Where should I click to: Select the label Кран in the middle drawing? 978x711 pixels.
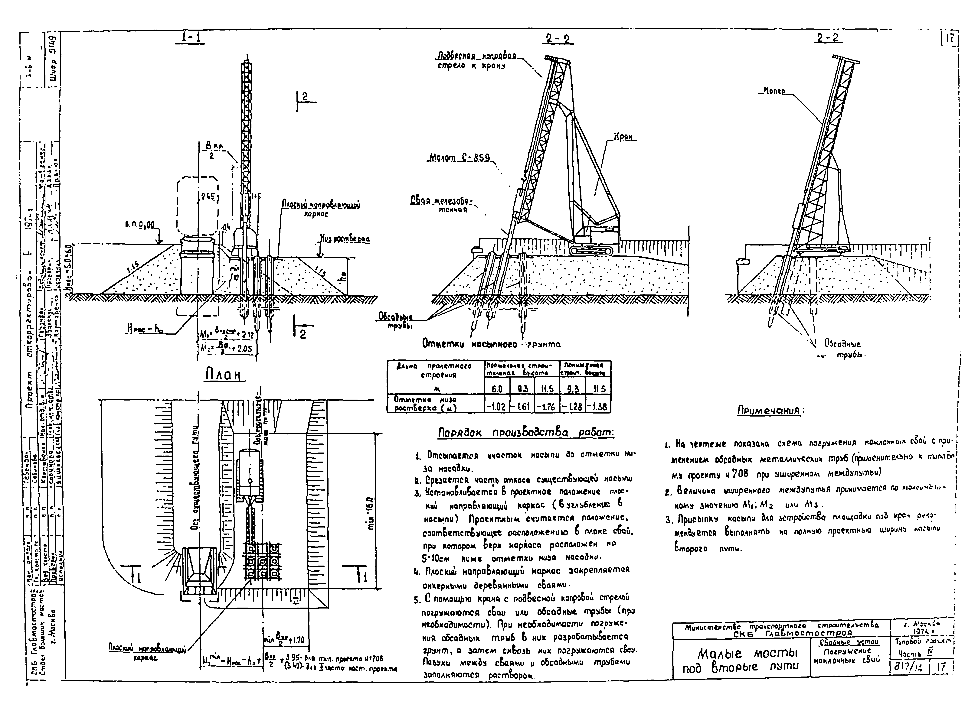point(625,137)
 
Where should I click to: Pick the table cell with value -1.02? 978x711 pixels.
point(497,406)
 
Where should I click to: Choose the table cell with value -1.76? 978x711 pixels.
point(547,406)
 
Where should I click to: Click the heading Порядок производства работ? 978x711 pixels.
point(526,432)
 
